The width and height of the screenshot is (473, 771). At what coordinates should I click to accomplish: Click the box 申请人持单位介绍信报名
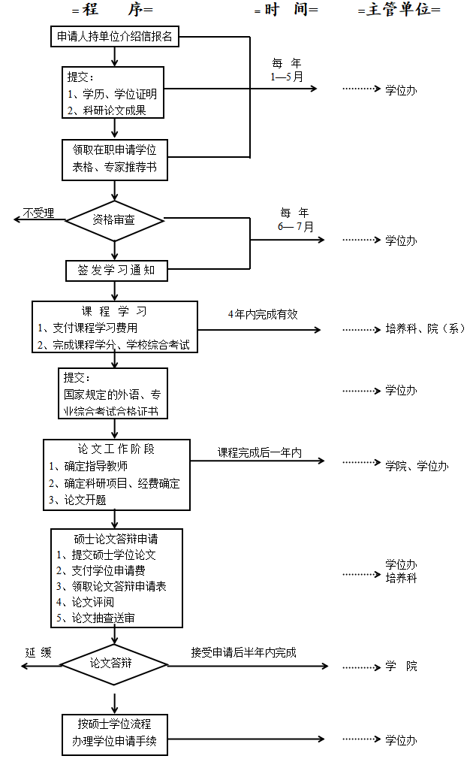[114, 36]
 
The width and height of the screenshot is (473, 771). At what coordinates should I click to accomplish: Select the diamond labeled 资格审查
[114, 220]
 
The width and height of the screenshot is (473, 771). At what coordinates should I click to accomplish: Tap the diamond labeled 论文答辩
[114, 664]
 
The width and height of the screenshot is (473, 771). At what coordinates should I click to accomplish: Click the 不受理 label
[38, 213]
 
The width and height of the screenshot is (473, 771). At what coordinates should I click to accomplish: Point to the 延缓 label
[38, 652]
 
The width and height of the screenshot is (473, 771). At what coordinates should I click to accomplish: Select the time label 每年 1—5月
[287, 70]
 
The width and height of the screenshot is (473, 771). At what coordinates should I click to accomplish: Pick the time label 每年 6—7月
[294, 219]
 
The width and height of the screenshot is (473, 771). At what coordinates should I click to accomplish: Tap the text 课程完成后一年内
[259, 452]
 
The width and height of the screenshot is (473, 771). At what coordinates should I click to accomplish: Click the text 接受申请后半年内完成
[243, 652]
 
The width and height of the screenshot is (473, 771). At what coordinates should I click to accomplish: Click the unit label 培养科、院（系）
[425, 328]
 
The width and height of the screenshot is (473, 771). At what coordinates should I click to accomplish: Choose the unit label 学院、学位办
[417, 466]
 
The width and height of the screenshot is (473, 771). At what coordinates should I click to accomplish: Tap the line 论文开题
[78, 500]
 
